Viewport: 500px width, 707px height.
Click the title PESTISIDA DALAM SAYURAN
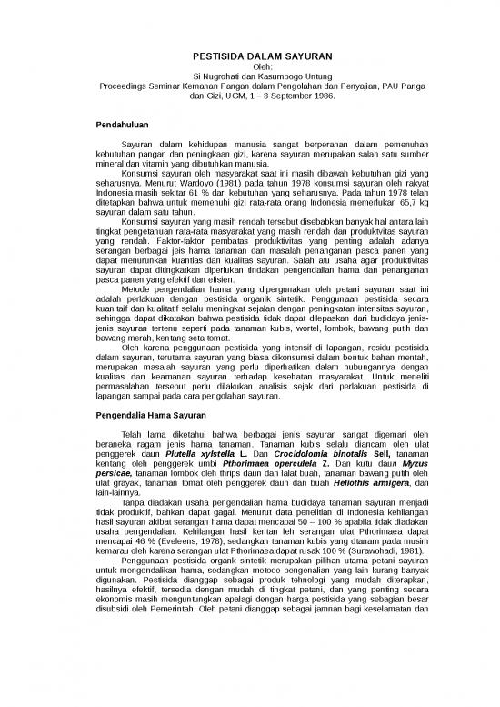(x=249, y=56)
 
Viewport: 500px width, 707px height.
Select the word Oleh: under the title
(x=249, y=66)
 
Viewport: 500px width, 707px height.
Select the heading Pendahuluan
(x=127, y=124)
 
